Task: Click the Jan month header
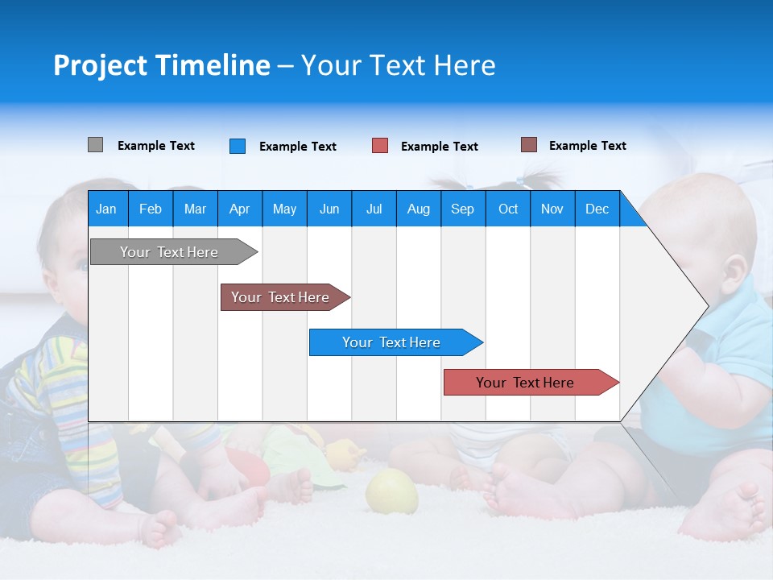[106, 209]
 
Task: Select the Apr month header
[239, 209]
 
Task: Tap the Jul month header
[374, 209]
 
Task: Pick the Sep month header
[462, 209]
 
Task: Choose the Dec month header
[597, 209]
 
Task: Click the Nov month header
[552, 209]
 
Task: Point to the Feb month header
[150, 209]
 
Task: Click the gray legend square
[95, 145]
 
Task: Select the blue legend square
[238, 146]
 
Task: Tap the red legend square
[380, 146]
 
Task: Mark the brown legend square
[529, 145]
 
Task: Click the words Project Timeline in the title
[161, 65]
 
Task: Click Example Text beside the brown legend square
[587, 146]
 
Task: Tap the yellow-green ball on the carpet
[391, 491]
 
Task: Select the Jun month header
[329, 209]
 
